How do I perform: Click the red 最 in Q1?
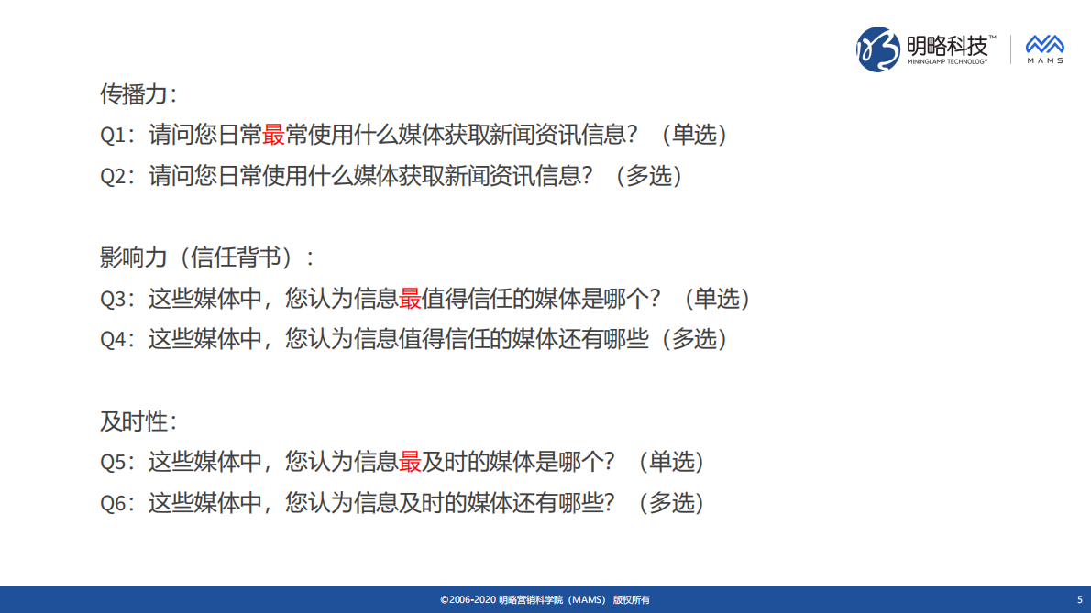(x=274, y=135)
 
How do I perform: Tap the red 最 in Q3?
(x=410, y=299)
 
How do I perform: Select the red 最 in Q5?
(x=410, y=462)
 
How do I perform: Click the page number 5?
(x=1079, y=600)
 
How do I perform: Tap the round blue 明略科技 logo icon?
(x=877, y=49)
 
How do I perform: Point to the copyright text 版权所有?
(x=632, y=600)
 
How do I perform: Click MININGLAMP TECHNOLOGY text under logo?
(x=947, y=62)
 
